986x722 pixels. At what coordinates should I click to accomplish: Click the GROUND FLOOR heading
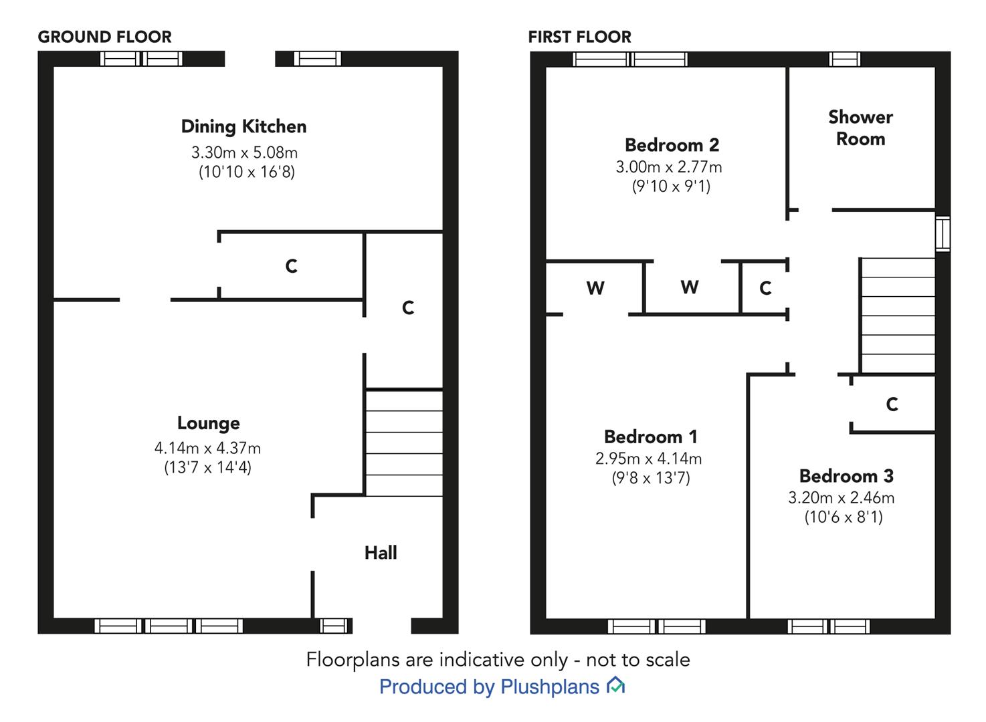[105, 37]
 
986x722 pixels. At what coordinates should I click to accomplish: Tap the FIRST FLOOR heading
[580, 37]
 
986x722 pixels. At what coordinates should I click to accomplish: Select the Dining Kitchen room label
[244, 127]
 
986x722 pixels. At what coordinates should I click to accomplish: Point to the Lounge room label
[209, 423]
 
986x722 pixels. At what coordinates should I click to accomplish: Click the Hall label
[381, 553]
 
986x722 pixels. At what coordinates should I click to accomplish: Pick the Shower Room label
[860, 128]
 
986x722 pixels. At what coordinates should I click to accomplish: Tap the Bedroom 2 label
[672, 145]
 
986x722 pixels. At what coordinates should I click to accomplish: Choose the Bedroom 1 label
[651, 437]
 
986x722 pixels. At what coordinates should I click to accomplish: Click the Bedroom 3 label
[846, 476]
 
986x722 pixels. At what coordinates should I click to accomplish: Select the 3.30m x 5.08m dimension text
[244, 152]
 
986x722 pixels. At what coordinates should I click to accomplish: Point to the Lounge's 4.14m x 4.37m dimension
[207, 449]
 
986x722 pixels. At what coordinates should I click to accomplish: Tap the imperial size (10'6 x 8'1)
[844, 517]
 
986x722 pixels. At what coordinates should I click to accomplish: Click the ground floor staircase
[404, 443]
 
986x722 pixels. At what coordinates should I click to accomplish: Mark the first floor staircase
[898, 316]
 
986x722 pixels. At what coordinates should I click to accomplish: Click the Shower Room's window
[845, 59]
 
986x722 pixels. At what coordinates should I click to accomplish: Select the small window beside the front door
[334, 626]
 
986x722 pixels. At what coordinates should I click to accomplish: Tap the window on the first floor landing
[943, 233]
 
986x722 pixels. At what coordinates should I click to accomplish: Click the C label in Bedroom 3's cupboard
[892, 404]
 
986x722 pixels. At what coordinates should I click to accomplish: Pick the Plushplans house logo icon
[615, 685]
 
